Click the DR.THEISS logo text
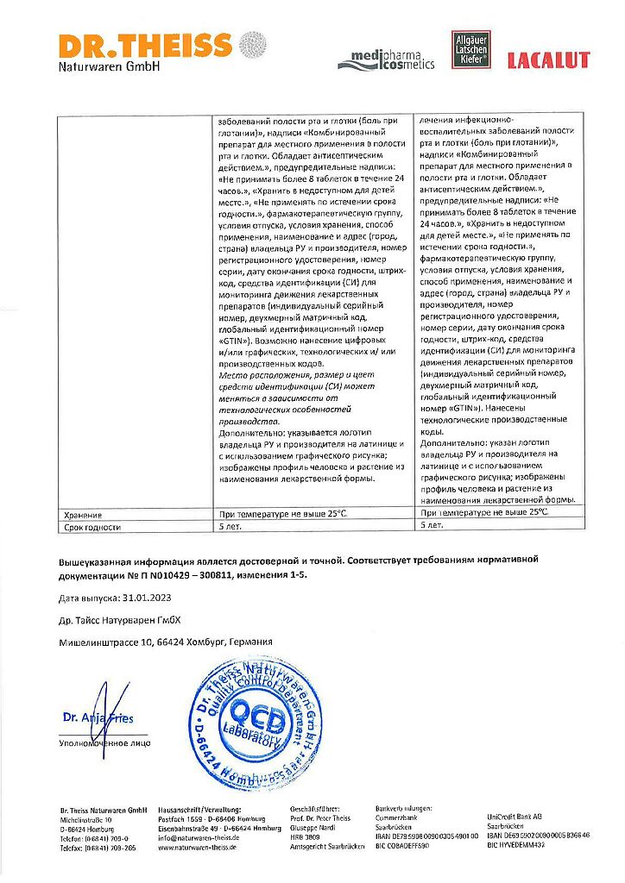pos(145,47)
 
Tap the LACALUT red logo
pos(548,60)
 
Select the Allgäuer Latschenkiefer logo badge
pos(471,51)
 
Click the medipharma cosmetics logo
pos(386,59)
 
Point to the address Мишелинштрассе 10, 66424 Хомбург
pos(165,642)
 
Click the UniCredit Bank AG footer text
pos(515,815)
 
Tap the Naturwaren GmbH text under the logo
pos(110,66)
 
